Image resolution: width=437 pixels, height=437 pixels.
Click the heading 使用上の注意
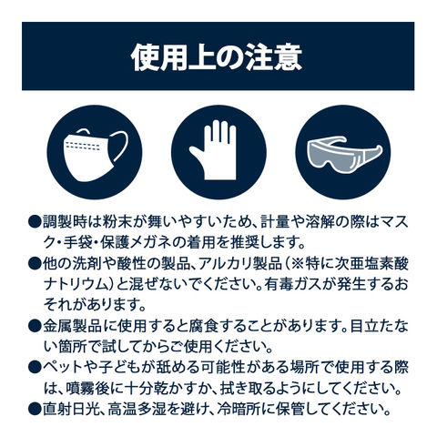point(217,57)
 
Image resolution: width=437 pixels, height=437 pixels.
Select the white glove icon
point(215,150)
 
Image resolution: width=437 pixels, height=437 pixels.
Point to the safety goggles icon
point(344,154)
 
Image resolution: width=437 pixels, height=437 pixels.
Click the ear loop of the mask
point(120,147)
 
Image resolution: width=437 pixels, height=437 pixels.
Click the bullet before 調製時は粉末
point(35,222)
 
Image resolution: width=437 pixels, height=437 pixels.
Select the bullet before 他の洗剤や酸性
point(35,264)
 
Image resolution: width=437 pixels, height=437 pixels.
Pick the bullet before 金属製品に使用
point(35,327)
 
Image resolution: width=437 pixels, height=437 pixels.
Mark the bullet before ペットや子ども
point(35,368)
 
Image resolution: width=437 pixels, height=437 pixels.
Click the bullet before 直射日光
point(35,409)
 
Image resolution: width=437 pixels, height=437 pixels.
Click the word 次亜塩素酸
point(371,264)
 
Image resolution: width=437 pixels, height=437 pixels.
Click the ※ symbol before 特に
point(297,264)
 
